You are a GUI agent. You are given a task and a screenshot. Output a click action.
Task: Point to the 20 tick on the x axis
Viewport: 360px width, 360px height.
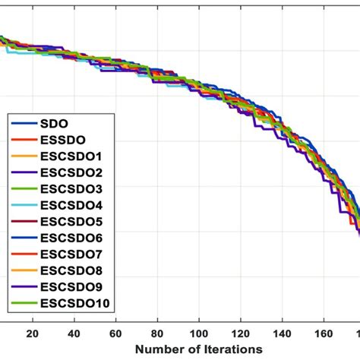coord(33,333)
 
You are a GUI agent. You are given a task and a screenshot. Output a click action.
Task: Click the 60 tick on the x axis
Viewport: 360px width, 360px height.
coord(116,333)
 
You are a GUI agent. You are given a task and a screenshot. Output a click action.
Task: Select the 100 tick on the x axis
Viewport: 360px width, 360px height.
coord(200,333)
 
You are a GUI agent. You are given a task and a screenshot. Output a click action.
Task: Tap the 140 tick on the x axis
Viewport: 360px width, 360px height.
coord(283,333)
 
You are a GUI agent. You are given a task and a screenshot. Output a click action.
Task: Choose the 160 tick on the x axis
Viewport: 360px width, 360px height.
coord(324,333)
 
